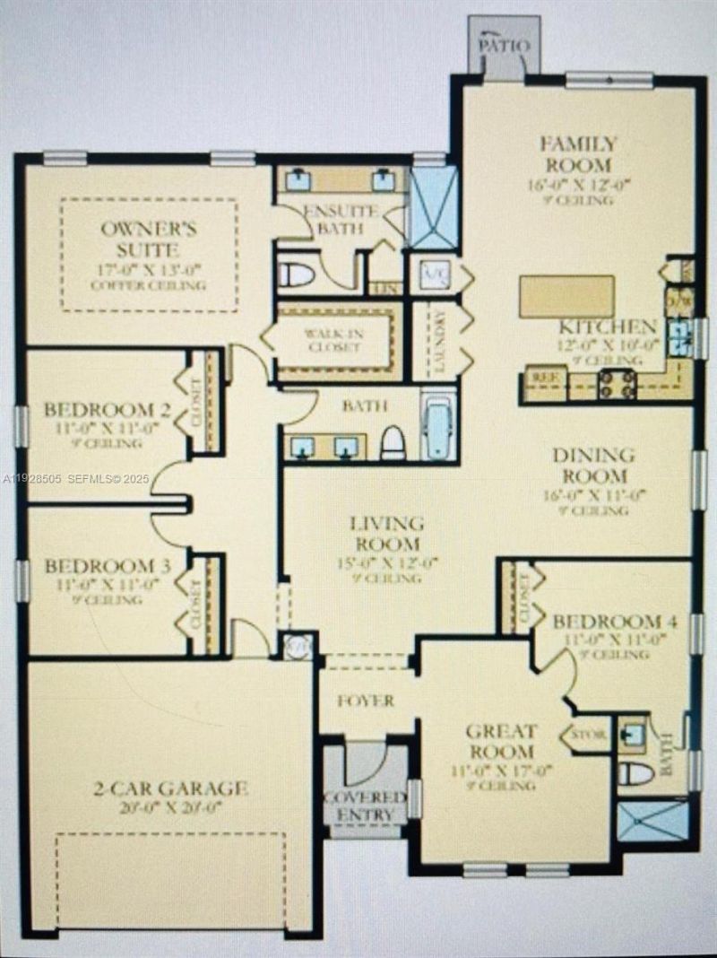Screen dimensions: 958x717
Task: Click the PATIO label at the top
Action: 504,45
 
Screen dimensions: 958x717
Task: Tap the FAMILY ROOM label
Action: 578,154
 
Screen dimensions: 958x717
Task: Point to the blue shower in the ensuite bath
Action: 434,208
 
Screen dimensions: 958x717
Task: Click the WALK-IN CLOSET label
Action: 333,341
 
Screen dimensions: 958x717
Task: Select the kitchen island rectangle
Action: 566,296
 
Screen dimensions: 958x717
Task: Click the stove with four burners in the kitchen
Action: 617,384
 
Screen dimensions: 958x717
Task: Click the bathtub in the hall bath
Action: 439,427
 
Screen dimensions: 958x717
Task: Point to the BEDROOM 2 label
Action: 107,411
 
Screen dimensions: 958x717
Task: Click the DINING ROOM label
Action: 592,466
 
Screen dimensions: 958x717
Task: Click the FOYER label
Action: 366,701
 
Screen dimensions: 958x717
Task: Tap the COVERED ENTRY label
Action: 365,806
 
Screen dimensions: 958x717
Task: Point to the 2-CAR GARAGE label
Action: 169,789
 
